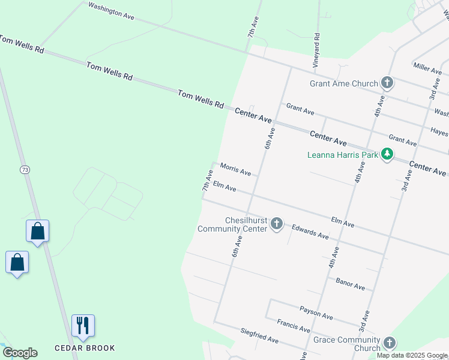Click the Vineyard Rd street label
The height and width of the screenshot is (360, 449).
click(x=316, y=49)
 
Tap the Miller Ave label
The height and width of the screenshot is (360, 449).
click(x=427, y=67)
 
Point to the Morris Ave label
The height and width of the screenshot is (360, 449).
click(x=235, y=169)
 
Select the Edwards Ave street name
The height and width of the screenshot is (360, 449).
click(x=310, y=232)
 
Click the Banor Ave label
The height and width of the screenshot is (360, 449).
click(x=351, y=284)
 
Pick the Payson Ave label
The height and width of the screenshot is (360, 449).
click(x=316, y=312)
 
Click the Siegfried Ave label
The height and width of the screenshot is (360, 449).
click(x=259, y=336)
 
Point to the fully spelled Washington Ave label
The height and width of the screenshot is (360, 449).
click(x=111, y=11)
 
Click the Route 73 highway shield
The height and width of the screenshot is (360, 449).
click(x=25, y=170)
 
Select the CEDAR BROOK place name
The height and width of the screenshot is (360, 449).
click(x=85, y=348)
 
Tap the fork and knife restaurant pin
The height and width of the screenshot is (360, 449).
click(x=83, y=326)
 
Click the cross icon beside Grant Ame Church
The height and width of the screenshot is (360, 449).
click(x=387, y=83)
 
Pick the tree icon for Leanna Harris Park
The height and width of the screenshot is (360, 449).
click(x=388, y=155)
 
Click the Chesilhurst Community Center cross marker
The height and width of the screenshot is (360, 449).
click(x=277, y=224)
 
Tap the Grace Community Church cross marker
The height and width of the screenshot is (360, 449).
click(x=389, y=343)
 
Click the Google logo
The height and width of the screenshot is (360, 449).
click(x=20, y=353)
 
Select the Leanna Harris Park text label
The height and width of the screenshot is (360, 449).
click(x=343, y=155)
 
